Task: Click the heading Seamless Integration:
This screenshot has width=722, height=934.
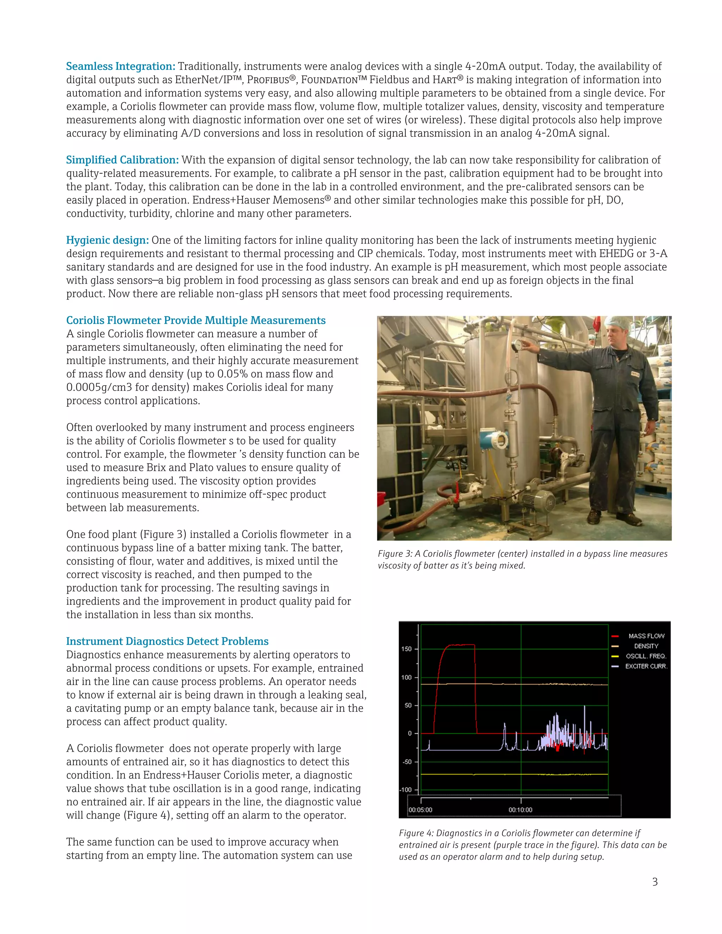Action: tap(121, 66)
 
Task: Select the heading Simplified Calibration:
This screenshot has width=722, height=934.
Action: tap(122, 160)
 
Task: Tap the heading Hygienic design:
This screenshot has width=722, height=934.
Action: tap(108, 240)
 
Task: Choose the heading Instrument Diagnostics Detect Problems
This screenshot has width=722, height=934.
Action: tap(167, 641)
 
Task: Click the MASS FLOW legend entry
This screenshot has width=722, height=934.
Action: tap(646, 636)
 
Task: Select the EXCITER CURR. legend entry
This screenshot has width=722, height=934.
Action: tap(646, 666)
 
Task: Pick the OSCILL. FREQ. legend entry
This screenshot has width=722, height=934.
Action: tap(646, 656)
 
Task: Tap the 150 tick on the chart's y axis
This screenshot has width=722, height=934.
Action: tap(406, 649)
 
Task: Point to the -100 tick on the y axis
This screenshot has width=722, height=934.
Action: tap(405, 789)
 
